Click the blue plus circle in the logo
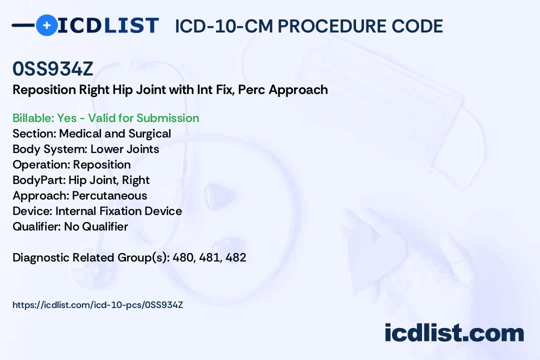click(46, 25)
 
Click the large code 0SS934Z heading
click(52, 68)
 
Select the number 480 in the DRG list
click(183, 257)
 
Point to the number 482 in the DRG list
click(236, 257)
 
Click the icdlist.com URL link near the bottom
click(98, 305)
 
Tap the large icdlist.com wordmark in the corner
click(454, 333)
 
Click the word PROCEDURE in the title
click(332, 26)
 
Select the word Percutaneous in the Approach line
click(109, 195)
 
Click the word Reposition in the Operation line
click(102, 164)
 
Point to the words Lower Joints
click(124, 149)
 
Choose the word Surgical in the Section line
click(150, 133)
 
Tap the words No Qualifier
click(96, 226)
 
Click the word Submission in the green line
click(167, 118)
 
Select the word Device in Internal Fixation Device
click(163, 211)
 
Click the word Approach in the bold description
click(298, 90)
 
